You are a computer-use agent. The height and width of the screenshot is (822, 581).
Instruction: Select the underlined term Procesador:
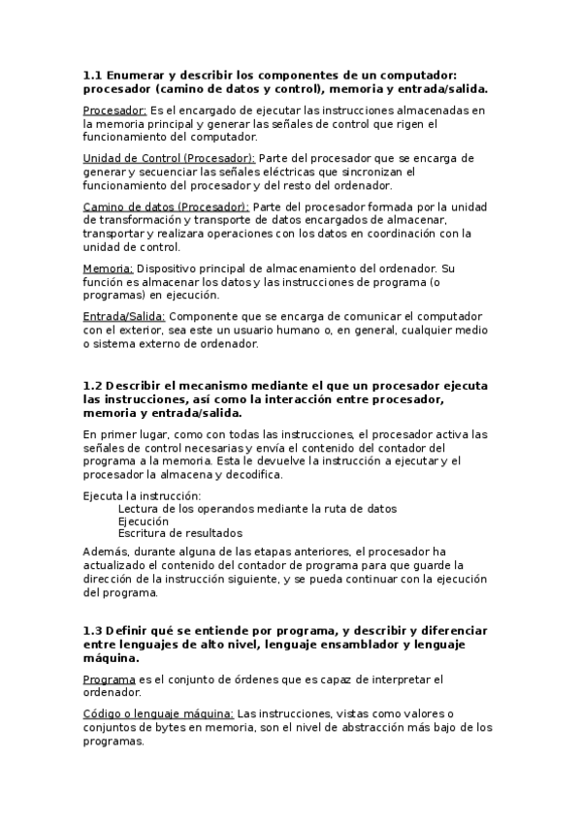pos(114,111)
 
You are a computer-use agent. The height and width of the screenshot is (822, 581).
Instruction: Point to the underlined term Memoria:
pos(108,267)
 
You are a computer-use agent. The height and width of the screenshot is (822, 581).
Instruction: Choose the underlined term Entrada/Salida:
pos(124,315)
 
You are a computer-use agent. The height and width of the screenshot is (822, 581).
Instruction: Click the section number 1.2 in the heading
pos(93,385)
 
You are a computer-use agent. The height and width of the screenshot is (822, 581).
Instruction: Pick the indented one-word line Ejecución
pos(143,521)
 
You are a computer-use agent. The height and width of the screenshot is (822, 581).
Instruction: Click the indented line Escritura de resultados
pos(179,532)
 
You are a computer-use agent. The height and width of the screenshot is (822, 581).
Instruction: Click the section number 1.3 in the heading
pos(93,629)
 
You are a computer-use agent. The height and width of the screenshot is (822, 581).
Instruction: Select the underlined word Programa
pos(109,679)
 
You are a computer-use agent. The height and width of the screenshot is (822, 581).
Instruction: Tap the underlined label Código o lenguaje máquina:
pos(158,713)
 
